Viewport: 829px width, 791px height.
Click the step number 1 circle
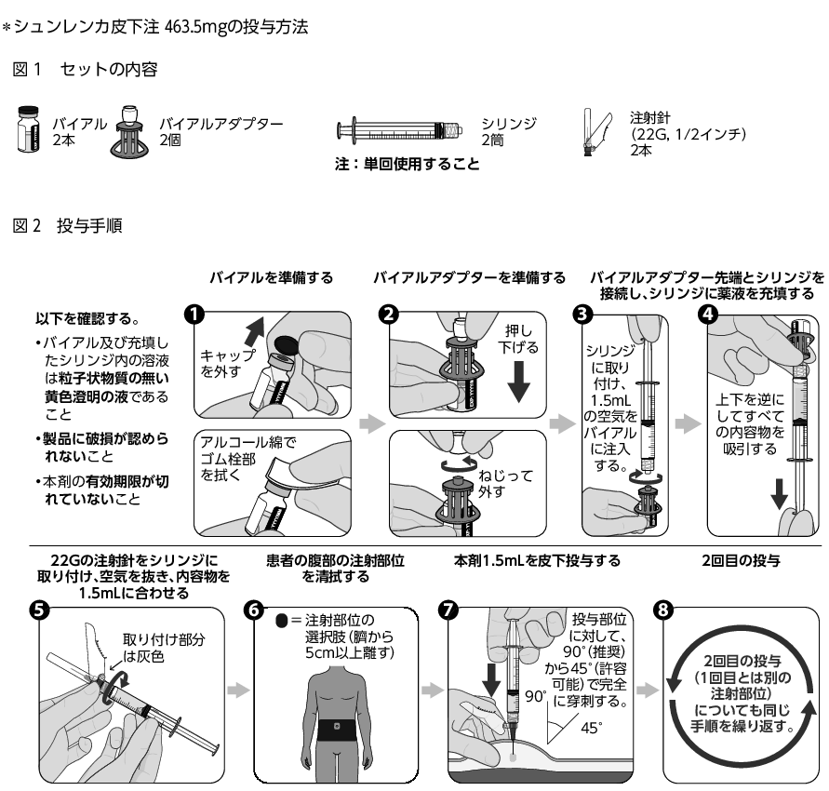[x=194, y=314]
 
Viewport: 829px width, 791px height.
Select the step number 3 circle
[x=585, y=314]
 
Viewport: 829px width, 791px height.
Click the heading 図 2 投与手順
[x=64, y=225]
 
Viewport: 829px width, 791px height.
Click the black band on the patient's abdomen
[x=342, y=721]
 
